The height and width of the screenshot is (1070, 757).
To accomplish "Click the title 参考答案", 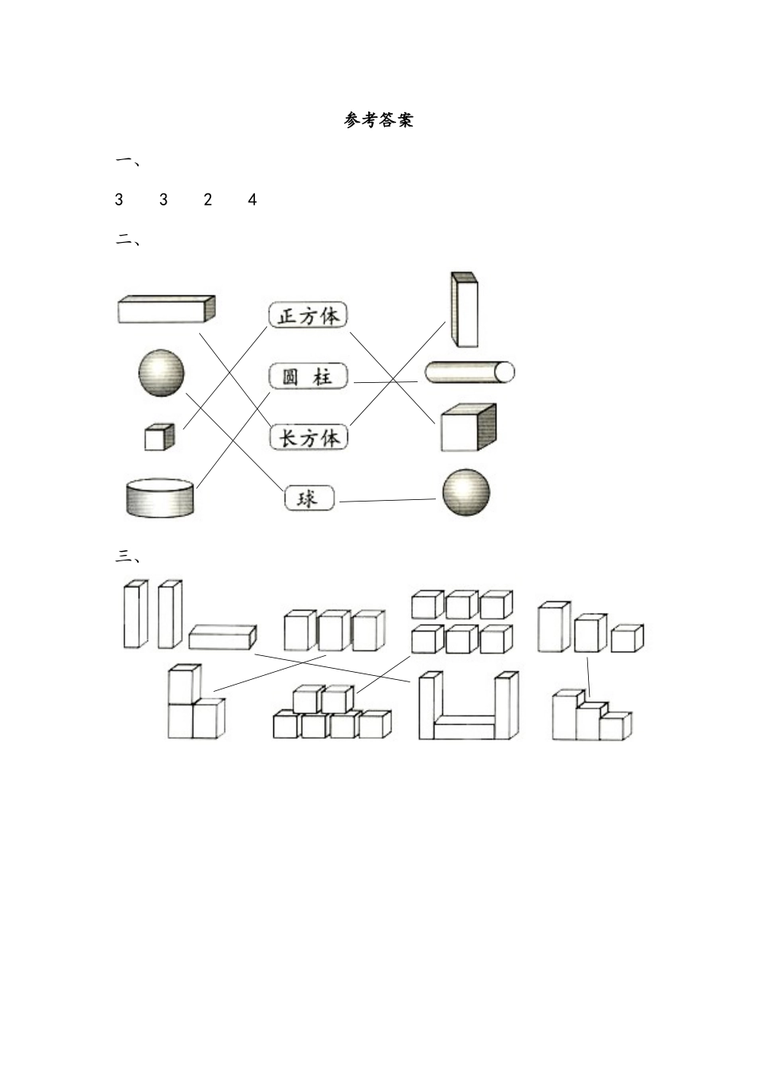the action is tap(378, 120).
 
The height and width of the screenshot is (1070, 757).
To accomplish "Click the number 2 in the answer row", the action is tap(207, 199).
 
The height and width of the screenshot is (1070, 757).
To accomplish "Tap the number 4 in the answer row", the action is tap(253, 199).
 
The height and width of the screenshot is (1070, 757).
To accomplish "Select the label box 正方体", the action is tap(308, 314).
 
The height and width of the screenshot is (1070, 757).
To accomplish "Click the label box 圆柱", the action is tap(308, 376).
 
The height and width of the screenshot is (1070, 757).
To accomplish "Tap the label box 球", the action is tap(309, 498).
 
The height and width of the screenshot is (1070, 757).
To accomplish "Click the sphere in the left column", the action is tap(161, 373).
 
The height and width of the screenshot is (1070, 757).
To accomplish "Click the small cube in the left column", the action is tap(159, 436).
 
